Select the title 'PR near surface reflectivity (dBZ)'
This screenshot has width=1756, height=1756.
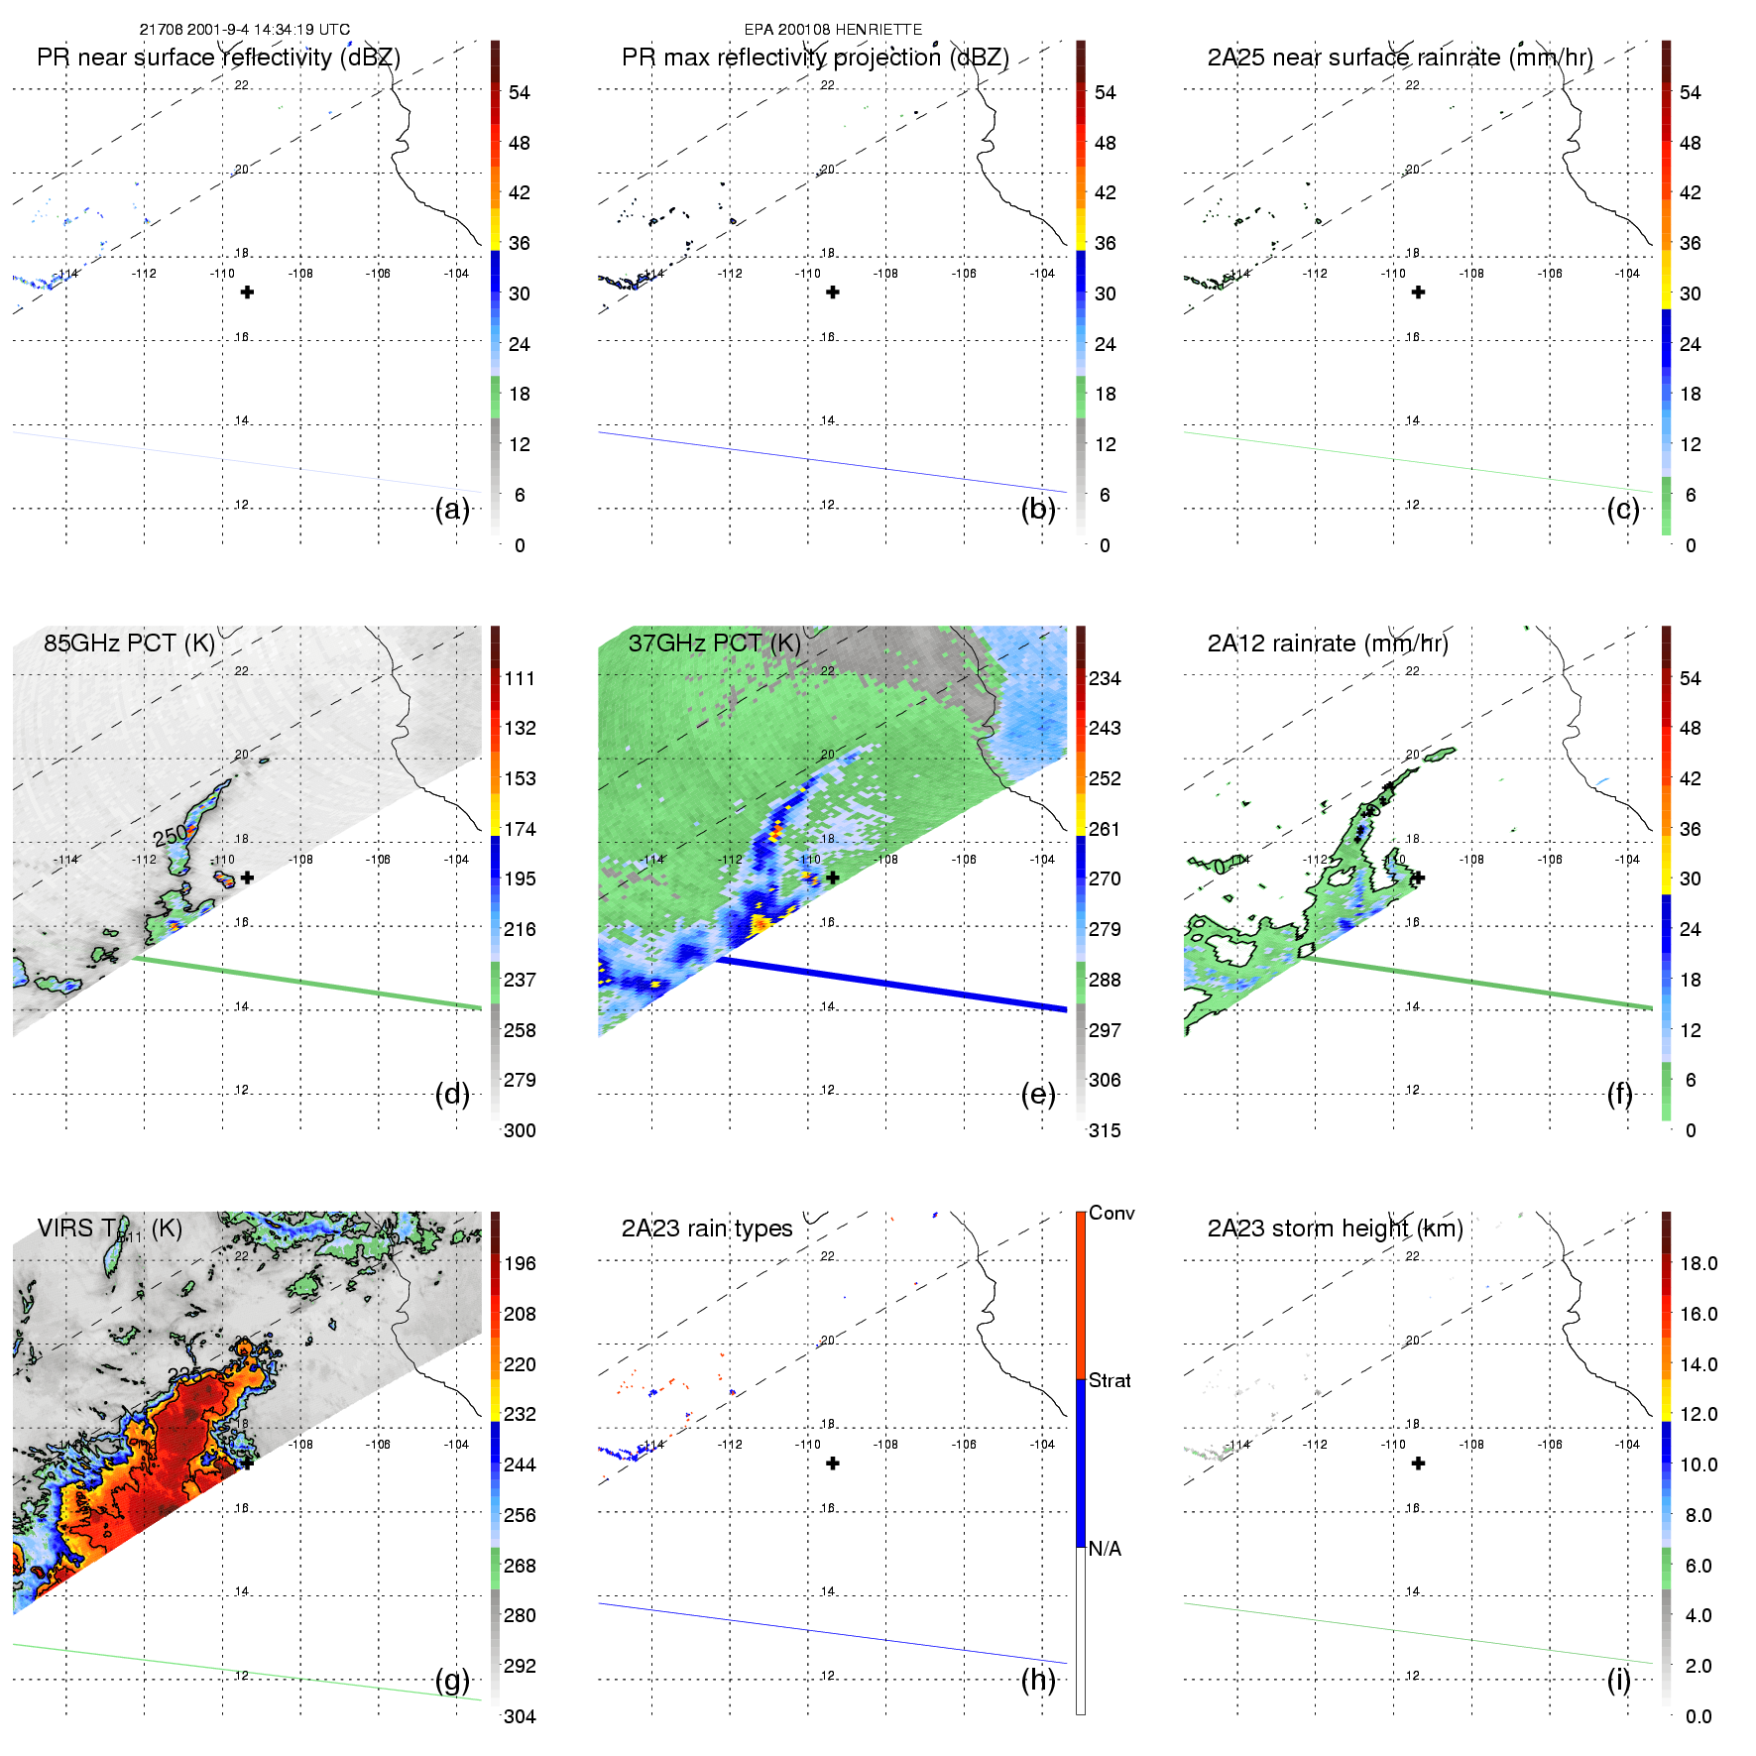tap(218, 58)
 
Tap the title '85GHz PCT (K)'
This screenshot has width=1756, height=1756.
tap(129, 644)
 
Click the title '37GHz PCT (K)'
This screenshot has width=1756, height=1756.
tap(714, 644)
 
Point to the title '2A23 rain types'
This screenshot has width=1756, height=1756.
tap(707, 1229)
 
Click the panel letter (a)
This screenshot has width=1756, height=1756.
tap(452, 510)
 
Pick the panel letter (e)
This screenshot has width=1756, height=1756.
tap(1038, 1095)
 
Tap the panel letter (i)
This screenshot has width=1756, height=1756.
tap(1618, 1680)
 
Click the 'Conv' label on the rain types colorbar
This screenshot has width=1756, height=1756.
tap(1112, 1214)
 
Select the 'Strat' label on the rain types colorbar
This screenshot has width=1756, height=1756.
tap(1110, 1380)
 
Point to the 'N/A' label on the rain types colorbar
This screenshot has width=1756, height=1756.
tap(1105, 1549)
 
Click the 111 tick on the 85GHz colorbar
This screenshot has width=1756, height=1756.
tap(520, 678)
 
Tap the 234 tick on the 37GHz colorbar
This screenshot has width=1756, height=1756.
tap(1105, 678)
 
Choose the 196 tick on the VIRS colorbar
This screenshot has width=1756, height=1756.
tap(520, 1263)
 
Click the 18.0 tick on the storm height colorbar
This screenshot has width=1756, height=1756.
tap(1697, 1263)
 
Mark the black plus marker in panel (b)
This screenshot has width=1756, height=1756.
tap(833, 293)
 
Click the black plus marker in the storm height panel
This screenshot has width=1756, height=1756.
tap(1418, 1463)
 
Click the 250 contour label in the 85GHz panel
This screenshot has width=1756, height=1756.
tap(170, 837)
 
